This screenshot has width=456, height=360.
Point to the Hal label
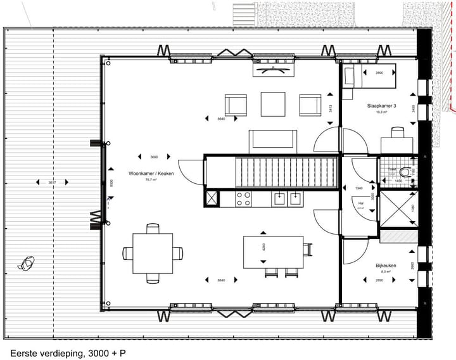(x=360, y=203)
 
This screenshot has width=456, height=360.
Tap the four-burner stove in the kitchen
(x=244, y=199)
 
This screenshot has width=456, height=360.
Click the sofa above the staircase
(x=272, y=139)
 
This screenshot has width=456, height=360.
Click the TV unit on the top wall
(x=272, y=68)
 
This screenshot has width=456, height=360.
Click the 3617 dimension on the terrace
(x=52, y=183)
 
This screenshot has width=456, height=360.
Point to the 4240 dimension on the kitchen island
(x=263, y=247)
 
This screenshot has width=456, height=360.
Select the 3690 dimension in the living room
(x=153, y=157)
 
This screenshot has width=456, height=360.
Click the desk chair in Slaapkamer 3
(x=397, y=132)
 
